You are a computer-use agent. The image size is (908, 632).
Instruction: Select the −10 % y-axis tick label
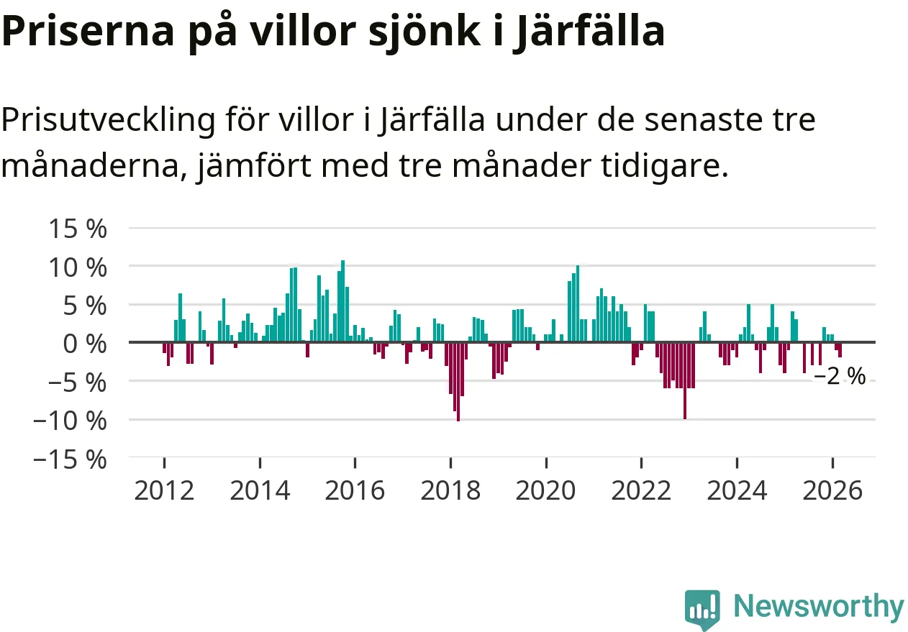71,420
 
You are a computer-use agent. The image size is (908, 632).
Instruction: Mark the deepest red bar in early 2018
458,381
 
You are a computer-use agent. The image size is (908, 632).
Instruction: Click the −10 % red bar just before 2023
684,380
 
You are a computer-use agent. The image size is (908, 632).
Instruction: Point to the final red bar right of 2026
840,350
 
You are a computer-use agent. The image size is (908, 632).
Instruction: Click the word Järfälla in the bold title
588,32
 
